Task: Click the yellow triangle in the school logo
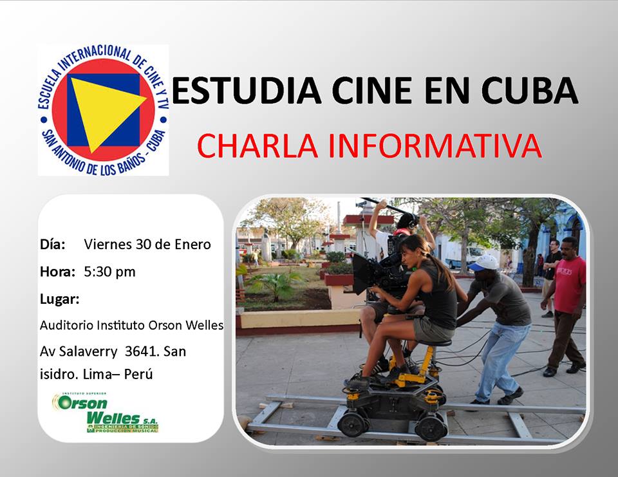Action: pos(103,111)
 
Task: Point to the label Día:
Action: pos(53,245)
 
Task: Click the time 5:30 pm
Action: pos(109,272)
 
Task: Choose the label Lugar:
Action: pos(60,299)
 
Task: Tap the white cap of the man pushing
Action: pos(484,262)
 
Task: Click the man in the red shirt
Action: pos(567,303)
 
